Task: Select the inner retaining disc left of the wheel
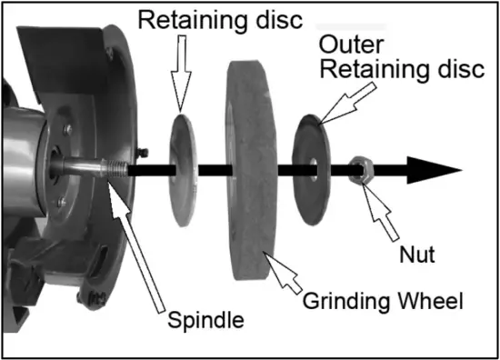[184, 168]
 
